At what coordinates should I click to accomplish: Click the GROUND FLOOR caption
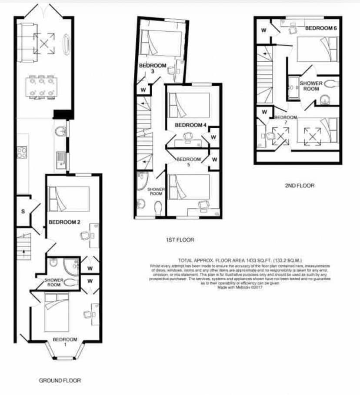pyautogui.click(x=60, y=380)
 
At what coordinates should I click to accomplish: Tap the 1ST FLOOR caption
pyautogui.click(x=180, y=239)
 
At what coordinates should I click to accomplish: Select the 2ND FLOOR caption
pyautogui.click(x=299, y=185)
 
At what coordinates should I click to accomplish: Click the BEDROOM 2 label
pyautogui.click(x=64, y=222)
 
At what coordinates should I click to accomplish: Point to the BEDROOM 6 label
pyautogui.click(x=321, y=28)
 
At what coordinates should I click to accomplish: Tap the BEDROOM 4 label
pyautogui.click(x=190, y=125)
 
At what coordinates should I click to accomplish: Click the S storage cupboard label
pyautogui.click(x=22, y=212)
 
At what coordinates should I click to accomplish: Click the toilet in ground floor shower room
pyautogui.click(x=71, y=282)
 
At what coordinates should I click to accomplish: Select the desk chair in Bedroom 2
pyautogui.click(x=85, y=236)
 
